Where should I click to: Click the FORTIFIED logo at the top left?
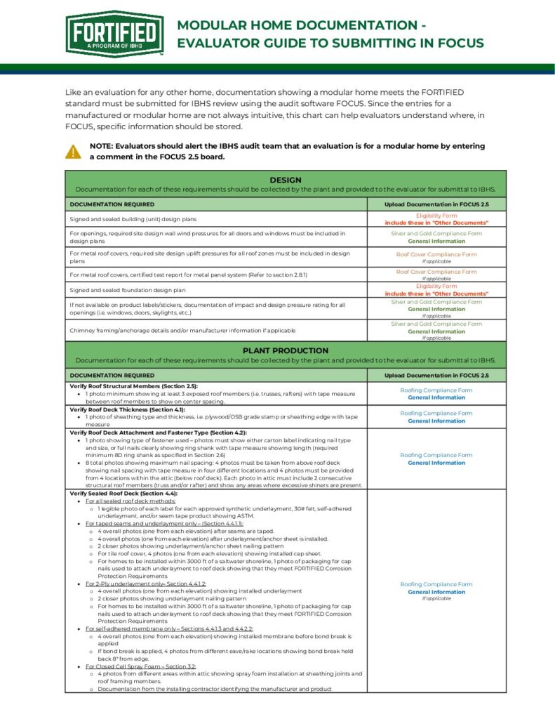[x=114, y=34]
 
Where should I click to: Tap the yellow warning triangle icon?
[x=73, y=151]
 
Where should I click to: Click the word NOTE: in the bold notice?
[x=102, y=146]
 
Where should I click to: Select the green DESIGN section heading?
[x=285, y=180]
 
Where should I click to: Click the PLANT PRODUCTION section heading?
[x=285, y=350]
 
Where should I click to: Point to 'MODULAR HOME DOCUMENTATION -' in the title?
[x=301, y=25]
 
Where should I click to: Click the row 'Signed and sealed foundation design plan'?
[x=128, y=290]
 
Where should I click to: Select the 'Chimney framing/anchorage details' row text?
[x=182, y=330]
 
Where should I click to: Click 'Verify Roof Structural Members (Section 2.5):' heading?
[x=133, y=386]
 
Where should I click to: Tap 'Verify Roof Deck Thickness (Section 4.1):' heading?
[x=127, y=409]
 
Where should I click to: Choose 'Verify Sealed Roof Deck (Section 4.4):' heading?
[x=123, y=494]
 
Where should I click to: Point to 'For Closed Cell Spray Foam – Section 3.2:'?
[x=141, y=666]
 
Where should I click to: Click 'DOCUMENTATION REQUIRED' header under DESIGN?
[x=112, y=204]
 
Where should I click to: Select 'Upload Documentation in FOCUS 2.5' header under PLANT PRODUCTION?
[x=436, y=376]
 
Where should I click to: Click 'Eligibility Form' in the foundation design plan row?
[x=436, y=286]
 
